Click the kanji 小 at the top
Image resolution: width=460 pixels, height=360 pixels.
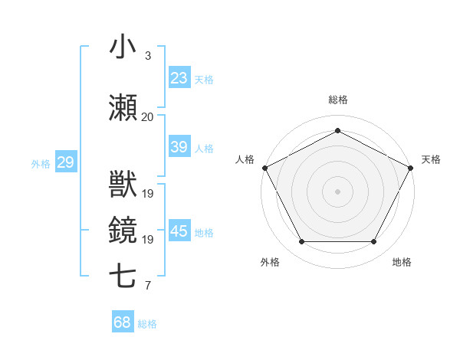point(123,47)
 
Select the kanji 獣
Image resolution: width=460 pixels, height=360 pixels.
point(123,185)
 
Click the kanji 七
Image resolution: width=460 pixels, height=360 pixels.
point(123,277)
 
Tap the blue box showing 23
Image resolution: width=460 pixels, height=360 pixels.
point(179,77)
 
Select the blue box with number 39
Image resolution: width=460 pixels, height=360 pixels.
point(179,147)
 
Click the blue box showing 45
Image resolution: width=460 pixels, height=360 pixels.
point(179,231)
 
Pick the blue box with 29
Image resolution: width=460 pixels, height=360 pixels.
point(65,162)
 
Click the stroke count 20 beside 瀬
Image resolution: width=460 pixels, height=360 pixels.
point(147,116)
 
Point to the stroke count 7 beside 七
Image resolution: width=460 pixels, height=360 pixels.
point(147,286)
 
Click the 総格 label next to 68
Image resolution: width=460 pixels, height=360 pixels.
point(147,324)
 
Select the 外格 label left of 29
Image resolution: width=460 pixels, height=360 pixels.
point(41,163)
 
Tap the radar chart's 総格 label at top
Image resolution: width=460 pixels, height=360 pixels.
point(337,100)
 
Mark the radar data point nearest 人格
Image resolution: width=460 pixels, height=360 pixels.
point(264,168)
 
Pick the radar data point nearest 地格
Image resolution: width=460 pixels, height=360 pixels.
point(374,242)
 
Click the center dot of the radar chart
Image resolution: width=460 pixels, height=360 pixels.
point(337,191)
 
